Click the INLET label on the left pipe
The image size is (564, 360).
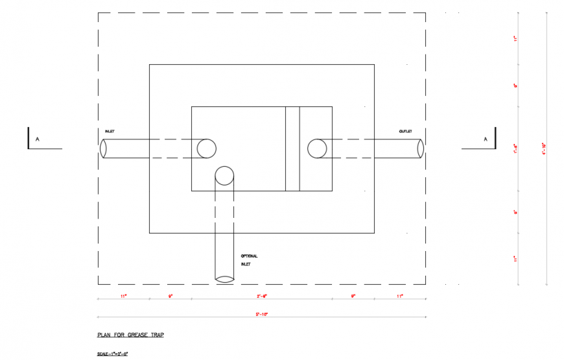coord(110,132)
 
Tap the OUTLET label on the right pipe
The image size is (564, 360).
coord(406,132)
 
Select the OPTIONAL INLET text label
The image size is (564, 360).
coord(249,259)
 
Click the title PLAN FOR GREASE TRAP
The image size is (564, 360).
coord(130,335)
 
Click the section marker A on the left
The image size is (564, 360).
coord(38,139)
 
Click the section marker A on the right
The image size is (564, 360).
coord(485,139)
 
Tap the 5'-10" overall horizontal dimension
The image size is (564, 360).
coord(261,314)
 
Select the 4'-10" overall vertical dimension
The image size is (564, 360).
coord(543,149)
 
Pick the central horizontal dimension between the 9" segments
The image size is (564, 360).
coord(262,296)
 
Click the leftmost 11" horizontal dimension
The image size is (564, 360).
coord(123,296)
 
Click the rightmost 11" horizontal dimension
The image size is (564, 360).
coord(400,296)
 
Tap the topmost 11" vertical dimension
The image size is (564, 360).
coord(516,39)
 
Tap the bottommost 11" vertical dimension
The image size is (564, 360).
coord(516,259)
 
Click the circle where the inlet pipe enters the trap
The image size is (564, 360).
coord(206,149)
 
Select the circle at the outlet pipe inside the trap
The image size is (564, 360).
coord(317,149)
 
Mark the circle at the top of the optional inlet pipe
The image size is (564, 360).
coord(224,176)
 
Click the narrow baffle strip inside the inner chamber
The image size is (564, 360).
coord(292,149)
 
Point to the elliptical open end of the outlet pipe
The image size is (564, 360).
coord(420,149)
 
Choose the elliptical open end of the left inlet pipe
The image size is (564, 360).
coord(103,149)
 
